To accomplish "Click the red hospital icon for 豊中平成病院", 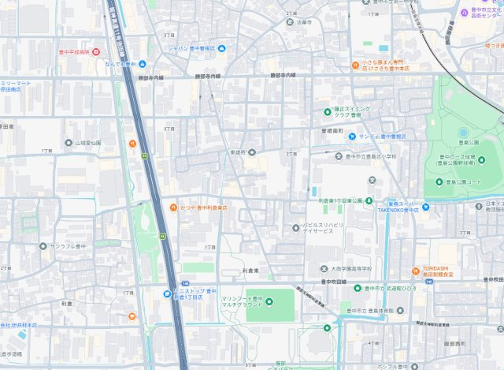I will (95, 52).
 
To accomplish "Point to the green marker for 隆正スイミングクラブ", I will (328, 111).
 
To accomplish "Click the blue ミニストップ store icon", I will (167, 294).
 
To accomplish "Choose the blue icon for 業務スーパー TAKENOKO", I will (425, 207).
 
